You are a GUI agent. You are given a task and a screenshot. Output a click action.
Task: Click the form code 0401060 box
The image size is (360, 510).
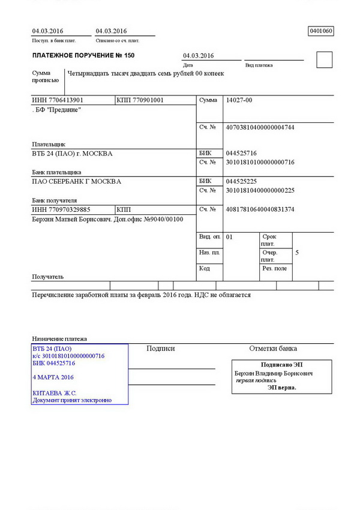pos(320,31)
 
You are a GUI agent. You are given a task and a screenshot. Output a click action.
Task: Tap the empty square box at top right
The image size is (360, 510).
pos(324,59)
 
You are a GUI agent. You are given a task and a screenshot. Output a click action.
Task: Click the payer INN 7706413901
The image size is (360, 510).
pos(58,100)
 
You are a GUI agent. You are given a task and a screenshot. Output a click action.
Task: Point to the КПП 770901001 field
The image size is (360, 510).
pos(140,100)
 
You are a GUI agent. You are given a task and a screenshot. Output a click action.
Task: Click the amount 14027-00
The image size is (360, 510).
pos(239,100)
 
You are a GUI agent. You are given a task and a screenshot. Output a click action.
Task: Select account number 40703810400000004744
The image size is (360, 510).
pos(260,127)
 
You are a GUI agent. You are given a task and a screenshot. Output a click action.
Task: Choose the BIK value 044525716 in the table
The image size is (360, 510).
pos(241,153)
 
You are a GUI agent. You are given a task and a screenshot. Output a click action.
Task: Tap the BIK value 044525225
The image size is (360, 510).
pos(241,181)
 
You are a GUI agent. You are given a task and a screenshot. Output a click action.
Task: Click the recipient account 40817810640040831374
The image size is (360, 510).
pos(260,209)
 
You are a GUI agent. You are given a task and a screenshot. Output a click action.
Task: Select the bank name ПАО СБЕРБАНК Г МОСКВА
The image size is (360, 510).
pos(76,181)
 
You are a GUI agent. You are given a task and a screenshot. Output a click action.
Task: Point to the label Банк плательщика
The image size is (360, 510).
pos(56,172)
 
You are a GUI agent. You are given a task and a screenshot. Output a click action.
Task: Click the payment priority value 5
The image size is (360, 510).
pos(297,253)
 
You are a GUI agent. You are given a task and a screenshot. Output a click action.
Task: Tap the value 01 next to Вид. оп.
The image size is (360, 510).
pos(229,237)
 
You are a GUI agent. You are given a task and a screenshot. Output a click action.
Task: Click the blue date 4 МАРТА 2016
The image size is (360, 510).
pos(53,377)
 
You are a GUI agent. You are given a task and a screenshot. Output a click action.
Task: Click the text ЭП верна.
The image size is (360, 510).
pos(282,388)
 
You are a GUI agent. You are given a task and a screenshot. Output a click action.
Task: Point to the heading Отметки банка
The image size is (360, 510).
pos(273,349)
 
